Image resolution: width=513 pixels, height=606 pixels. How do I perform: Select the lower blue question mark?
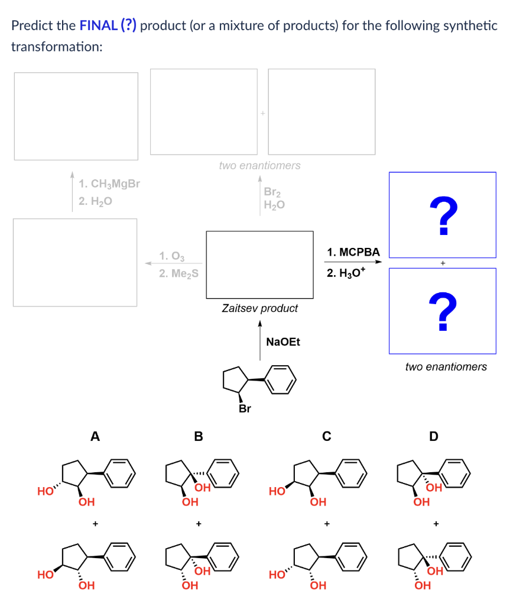tap(442, 312)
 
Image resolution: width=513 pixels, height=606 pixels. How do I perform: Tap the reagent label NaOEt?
tap(283, 341)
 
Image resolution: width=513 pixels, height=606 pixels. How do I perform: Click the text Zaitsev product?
tap(259, 308)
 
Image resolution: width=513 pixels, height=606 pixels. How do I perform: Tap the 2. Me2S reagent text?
tap(178, 273)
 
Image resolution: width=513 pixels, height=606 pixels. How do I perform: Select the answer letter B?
tap(199, 437)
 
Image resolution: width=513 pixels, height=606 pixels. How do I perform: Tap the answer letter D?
tap(434, 437)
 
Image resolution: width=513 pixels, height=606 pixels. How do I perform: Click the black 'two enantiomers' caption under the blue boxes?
tap(446, 367)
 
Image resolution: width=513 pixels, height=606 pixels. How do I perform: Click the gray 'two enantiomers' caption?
tap(259, 166)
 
